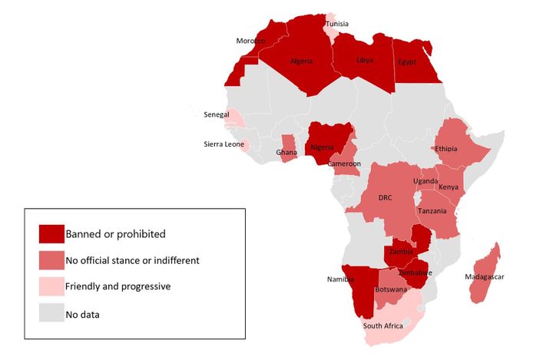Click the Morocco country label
pyautogui.click(x=250, y=41)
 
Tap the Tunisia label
pyautogui.click(x=336, y=24)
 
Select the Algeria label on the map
pyautogui.click(x=301, y=61)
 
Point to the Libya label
pyautogui.click(x=366, y=60)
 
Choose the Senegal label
pyautogui.click(x=216, y=114)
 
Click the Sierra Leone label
pyautogui.click(x=224, y=144)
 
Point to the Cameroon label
pyautogui.click(x=344, y=163)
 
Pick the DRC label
pyautogui.click(x=385, y=197)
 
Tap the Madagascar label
pyautogui.click(x=485, y=276)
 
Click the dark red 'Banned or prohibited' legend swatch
pyautogui.click(x=51, y=233)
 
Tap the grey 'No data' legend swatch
pyautogui.click(x=51, y=313)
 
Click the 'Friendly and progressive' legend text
pyautogui.click(x=118, y=286)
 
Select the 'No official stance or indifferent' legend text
pyautogui.click(x=132, y=260)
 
